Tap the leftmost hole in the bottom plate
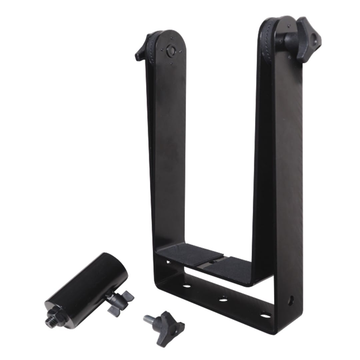pos(187,286)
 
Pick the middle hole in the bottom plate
pos(223,300)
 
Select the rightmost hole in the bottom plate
pos(265,315)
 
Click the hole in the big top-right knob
pos(314,43)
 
